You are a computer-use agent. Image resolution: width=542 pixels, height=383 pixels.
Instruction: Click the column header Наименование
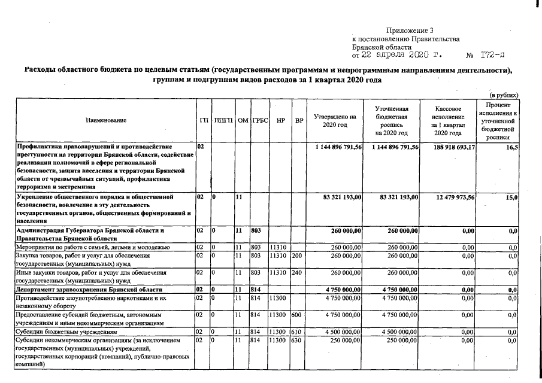tap(106, 120)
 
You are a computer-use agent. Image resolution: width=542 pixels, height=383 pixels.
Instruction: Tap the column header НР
tap(280, 120)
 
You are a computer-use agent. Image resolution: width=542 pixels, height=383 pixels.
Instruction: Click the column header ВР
tap(298, 120)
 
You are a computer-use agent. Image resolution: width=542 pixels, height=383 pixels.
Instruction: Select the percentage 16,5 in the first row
tap(512, 147)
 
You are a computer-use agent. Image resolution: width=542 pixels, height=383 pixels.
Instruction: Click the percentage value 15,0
tap(512, 197)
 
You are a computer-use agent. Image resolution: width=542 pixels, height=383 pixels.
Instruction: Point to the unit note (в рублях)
tap(504, 95)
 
